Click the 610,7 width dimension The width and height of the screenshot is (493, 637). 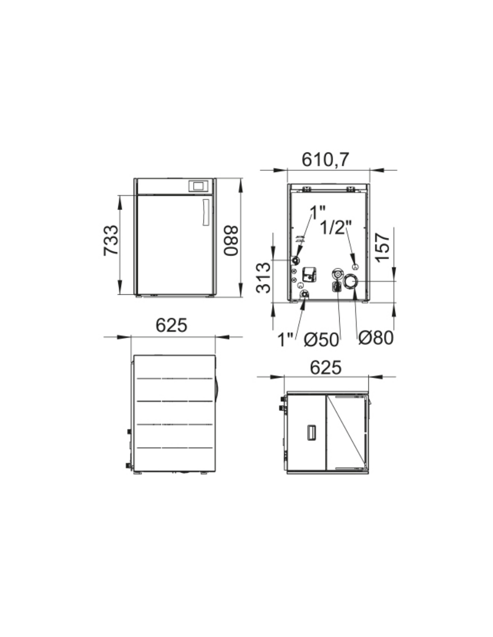tap(325, 160)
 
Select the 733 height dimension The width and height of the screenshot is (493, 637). tap(111, 240)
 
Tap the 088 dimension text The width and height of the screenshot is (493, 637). tap(231, 240)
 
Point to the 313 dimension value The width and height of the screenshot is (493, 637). tap(263, 278)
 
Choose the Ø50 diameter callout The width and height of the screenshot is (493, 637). tap(321, 340)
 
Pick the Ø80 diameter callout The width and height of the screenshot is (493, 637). tap(376, 338)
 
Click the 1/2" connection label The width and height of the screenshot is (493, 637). tap(336, 227)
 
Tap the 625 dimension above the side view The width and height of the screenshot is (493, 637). tap(171, 325)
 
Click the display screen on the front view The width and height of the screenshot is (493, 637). tap(198, 186)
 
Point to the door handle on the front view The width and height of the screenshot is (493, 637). tap(206, 212)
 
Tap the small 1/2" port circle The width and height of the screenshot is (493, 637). tap(355, 267)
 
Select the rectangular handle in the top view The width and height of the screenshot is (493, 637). tap(311, 432)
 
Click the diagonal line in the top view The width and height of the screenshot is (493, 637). tap(346, 430)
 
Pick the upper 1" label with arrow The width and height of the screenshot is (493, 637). tap(318, 212)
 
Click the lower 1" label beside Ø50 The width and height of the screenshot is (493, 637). tap(285, 340)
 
